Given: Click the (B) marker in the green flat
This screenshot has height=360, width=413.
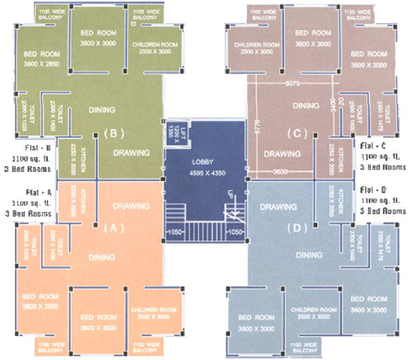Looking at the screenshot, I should coord(113,133).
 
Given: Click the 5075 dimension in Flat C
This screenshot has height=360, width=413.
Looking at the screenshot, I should coord(292,83).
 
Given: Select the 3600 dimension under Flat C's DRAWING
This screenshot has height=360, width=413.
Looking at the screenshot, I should coord(280,172).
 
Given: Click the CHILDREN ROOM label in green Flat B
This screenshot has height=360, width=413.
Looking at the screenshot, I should coord(155,48).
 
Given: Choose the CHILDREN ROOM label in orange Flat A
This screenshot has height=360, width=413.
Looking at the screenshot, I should coord(154,313).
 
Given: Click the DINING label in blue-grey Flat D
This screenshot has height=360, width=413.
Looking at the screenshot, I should coord(309,255).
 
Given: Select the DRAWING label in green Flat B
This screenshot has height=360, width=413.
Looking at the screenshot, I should coord(132,153).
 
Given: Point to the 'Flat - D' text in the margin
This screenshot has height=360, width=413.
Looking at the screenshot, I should coord(374,190).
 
